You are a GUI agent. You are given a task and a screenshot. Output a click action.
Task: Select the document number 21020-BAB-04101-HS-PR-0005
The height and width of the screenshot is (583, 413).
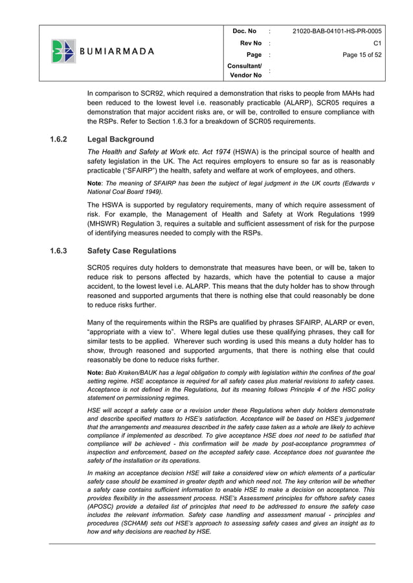tap(337, 31)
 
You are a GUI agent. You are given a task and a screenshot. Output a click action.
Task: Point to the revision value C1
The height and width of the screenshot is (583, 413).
tap(377, 43)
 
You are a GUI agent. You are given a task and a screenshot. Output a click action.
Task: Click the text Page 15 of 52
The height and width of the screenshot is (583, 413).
tap(360, 56)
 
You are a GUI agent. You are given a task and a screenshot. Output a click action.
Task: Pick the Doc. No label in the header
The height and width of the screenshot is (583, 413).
tap(245, 31)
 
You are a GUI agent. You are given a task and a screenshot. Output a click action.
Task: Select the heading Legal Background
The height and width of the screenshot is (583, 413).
tap(120, 139)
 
